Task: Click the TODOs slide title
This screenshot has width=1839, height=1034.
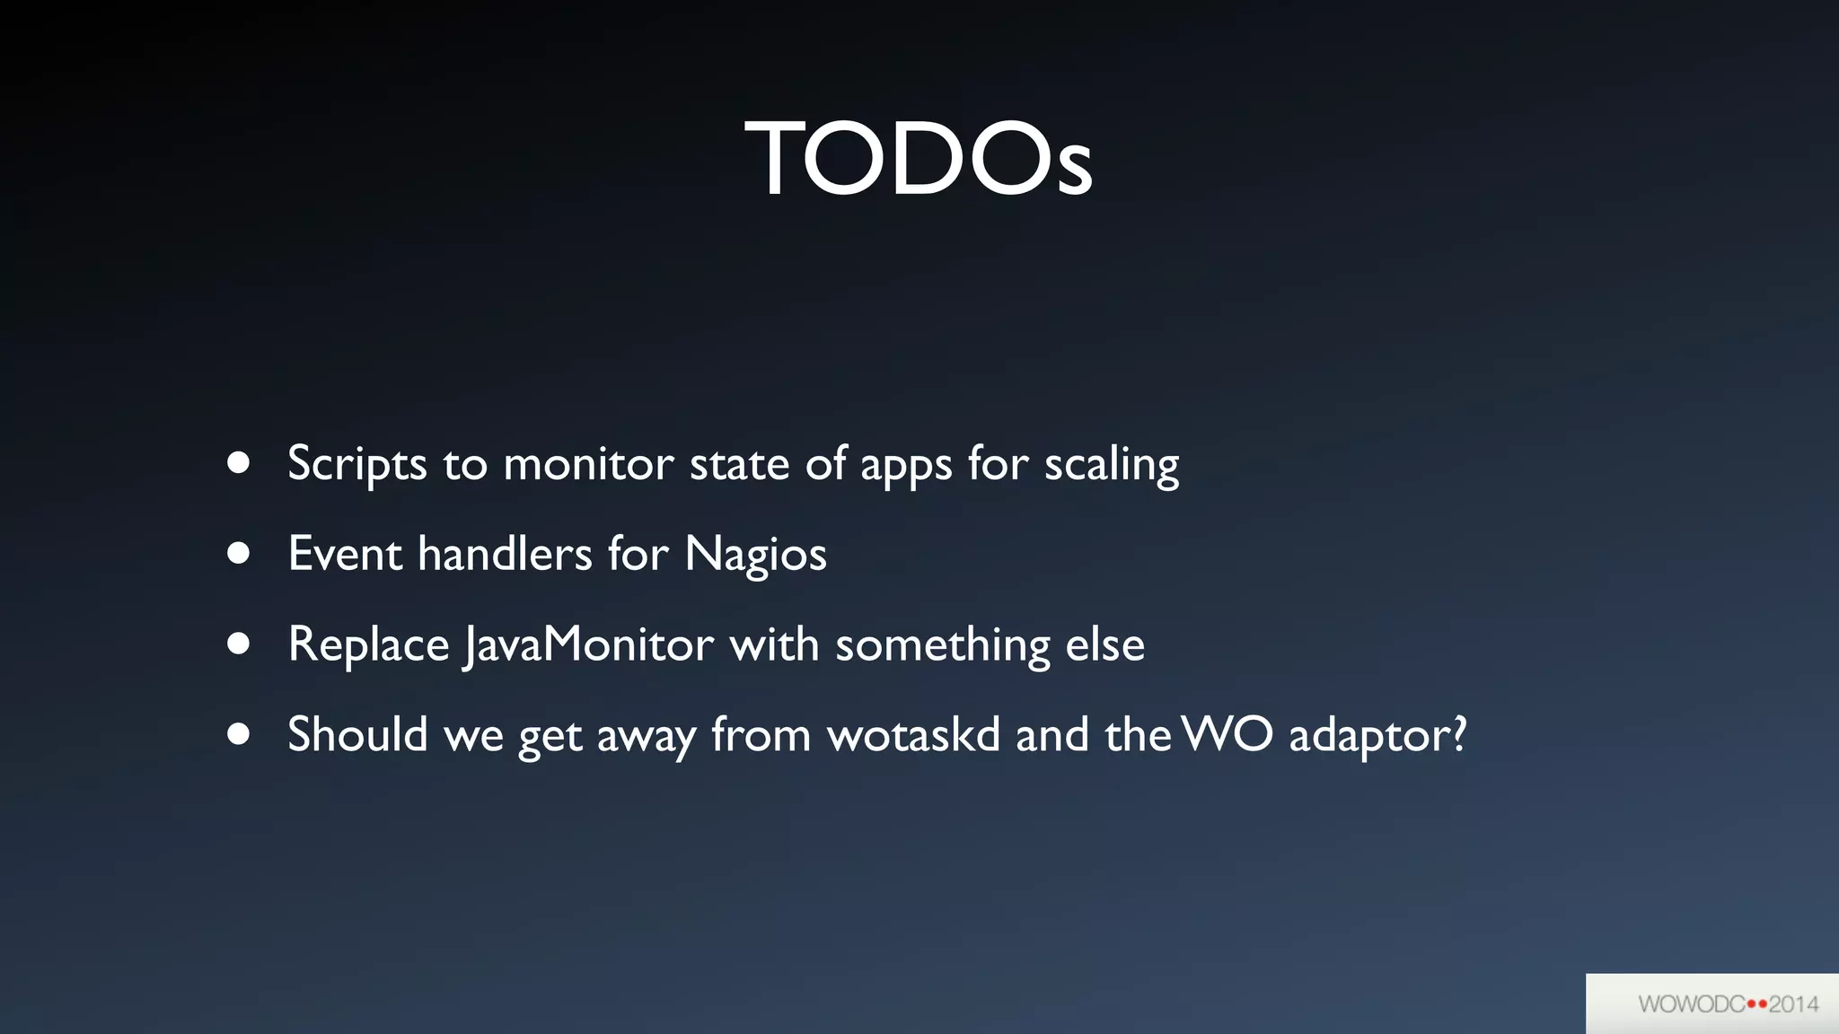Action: (919, 159)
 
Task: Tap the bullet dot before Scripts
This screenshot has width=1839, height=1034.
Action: (238, 463)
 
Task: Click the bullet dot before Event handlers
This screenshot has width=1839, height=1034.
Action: (238, 553)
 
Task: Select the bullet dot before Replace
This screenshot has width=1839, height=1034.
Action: (238, 644)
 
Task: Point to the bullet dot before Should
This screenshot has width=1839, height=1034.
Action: (238, 734)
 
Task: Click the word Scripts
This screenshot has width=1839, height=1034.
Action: (356, 465)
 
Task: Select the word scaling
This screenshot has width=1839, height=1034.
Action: (1111, 465)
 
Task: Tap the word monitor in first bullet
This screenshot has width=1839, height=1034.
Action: (588, 465)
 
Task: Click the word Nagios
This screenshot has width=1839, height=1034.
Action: (755, 555)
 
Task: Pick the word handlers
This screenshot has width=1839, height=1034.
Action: (505, 553)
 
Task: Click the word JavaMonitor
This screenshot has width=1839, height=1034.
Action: (589, 644)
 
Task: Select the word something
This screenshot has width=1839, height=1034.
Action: (942, 646)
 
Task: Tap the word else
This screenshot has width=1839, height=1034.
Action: (1104, 644)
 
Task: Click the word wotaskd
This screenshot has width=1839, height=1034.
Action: (913, 734)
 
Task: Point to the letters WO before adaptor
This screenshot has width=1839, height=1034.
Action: (1227, 734)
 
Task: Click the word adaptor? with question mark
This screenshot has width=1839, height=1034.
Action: (1377, 736)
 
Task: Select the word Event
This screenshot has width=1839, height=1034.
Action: (345, 553)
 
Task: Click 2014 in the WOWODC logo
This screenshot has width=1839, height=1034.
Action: (1793, 1003)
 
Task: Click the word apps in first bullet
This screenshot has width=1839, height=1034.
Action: (906, 467)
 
